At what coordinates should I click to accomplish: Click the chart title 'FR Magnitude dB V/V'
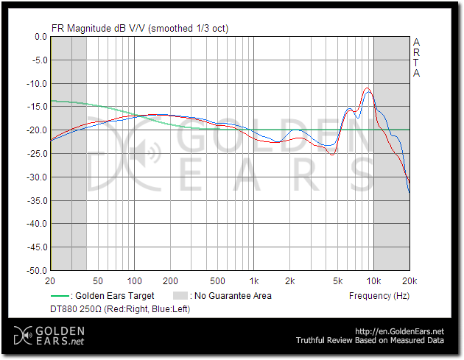tap(99, 29)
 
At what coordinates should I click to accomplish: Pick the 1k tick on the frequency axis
tap(255, 281)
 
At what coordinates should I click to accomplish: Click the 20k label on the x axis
tap(409, 281)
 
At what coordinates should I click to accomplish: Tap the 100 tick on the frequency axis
tap(134, 281)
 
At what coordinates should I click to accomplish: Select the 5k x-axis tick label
tap(338, 281)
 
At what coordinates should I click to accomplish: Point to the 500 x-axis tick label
tap(217, 281)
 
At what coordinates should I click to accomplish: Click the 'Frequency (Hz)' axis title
tap(379, 296)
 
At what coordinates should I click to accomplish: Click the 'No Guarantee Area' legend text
tap(231, 296)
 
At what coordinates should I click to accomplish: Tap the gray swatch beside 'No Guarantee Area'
tap(180, 296)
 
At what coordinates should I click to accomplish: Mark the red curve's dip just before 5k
tap(332, 155)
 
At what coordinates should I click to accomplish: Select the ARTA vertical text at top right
tap(417, 57)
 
